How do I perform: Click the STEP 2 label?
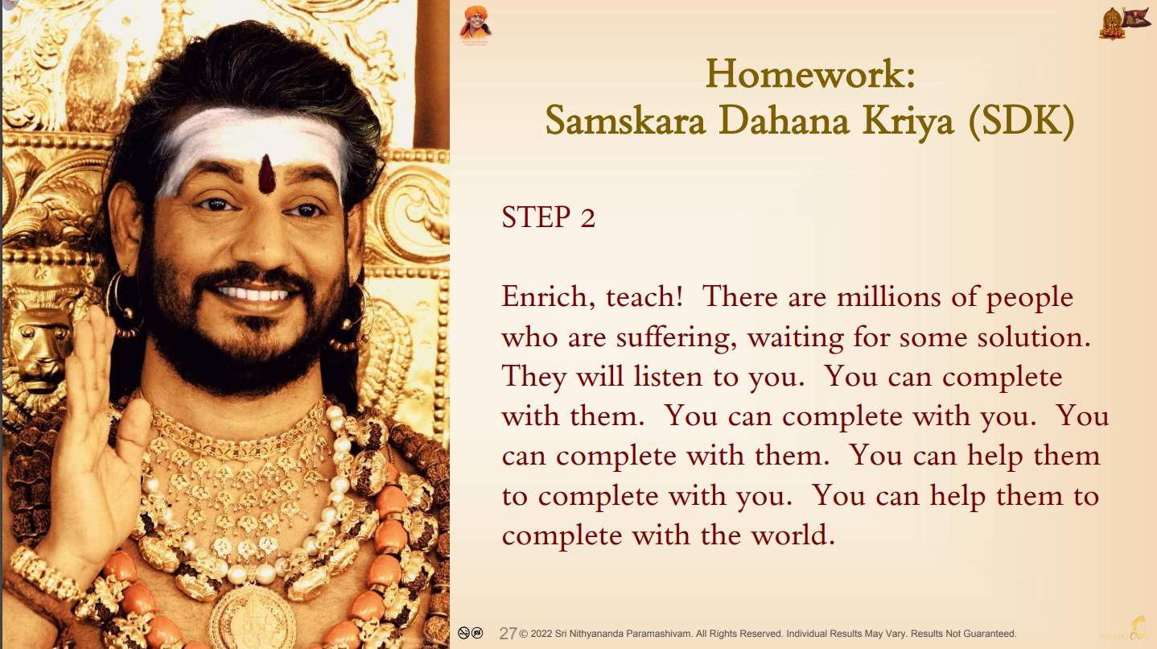pyautogui.click(x=548, y=217)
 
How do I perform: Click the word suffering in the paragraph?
pyautogui.click(x=676, y=339)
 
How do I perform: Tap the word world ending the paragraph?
pyautogui.click(x=793, y=535)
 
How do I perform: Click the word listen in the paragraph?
pyautogui.click(x=668, y=377)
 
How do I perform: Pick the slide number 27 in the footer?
pyautogui.click(x=508, y=634)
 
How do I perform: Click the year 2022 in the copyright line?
pyautogui.click(x=541, y=634)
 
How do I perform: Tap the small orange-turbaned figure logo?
pyautogui.click(x=475, y=24)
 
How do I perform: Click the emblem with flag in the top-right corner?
pyautogui.click(x=1122, y=23)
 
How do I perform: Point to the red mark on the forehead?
pyautogui.click(x=266, y=174)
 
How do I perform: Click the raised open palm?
pyautogui.click(x=93, y=413)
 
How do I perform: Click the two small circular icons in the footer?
pyautogui.click(x=471, y=632)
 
